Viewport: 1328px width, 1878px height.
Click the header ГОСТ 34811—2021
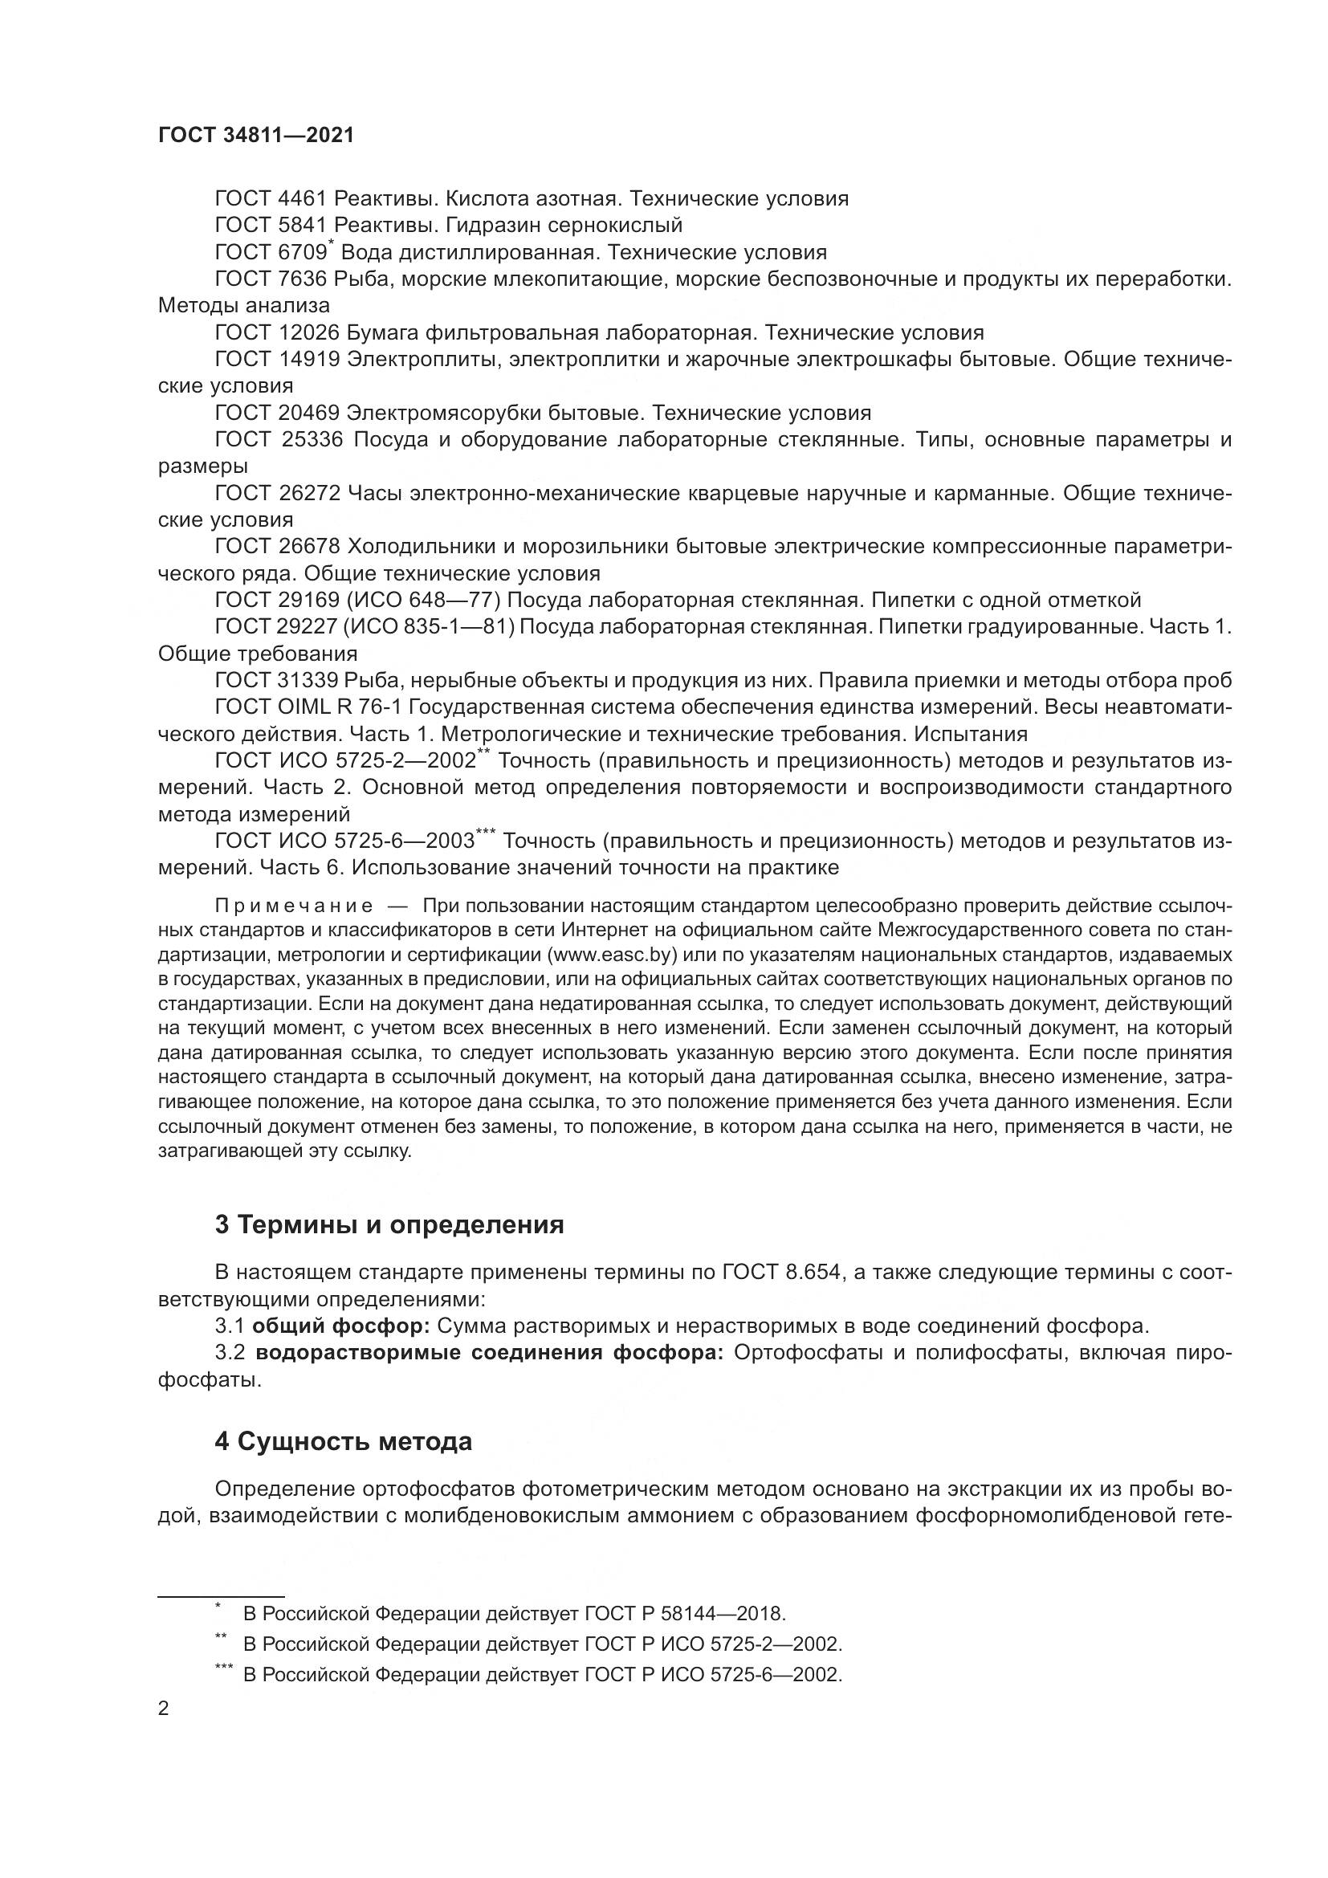coord(256,136)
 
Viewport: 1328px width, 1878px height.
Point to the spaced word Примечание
coord(294,906)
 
